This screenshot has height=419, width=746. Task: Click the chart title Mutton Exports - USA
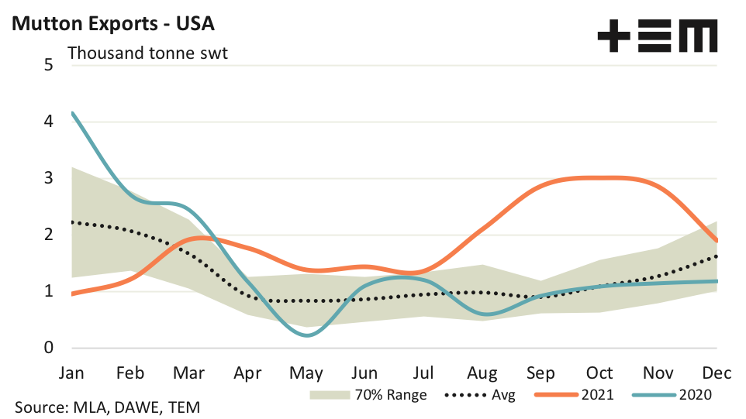[x=112, y=23]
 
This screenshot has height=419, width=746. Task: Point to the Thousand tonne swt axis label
[x=147, y=53]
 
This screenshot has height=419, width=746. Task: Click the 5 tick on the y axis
[x=48, y=65]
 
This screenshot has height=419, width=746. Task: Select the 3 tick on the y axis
[x=48, y=178]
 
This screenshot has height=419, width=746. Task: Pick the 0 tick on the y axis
[x=48, y=348]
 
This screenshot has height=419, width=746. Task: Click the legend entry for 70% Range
[x=368, y=395]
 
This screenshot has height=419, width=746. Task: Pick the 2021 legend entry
[x=574, y=395]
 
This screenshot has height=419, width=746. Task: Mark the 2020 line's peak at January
[x=72, y=113]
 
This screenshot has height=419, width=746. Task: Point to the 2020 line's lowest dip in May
[x=308, y=335]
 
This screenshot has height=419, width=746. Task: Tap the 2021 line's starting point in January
[x=72, y=294]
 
